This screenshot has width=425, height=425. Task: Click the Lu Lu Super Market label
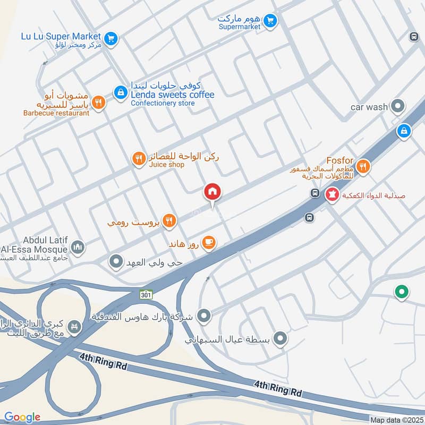point(61,36)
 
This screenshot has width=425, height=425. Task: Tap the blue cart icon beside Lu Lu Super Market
point(111,38)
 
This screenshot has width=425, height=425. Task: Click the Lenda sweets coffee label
point(173,95)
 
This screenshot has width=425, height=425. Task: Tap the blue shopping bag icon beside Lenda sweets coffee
point(121,92)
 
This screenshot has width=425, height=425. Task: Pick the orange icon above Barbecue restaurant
point(98,103)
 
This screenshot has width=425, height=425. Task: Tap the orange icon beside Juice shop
point(139,158)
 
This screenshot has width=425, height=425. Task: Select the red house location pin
point(212,192)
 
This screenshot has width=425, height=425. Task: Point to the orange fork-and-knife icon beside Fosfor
point(363,167)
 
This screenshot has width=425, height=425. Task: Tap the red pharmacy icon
point(333,195)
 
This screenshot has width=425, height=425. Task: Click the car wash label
point(369,107)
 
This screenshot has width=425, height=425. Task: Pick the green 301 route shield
point(147,294)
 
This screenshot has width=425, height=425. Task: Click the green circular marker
point(402,292)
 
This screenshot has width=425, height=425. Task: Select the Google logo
point(22,418)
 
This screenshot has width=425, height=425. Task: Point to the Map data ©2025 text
point(395,420)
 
